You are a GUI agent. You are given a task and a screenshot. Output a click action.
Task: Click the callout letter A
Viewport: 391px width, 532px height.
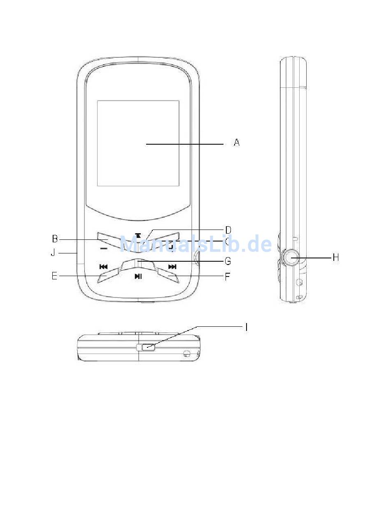pyautogui.click(x=237, y=143)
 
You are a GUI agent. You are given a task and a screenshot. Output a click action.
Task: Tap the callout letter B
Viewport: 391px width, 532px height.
pyautogui.click(x=55, y=239)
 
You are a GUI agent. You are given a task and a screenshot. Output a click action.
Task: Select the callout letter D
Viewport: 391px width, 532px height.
pyautogui.click(x=228, y=230)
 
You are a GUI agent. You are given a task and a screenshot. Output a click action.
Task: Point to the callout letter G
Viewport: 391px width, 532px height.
pyautogui.click(x=228, y=261)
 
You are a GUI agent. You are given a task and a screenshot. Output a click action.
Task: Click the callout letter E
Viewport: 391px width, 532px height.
pyautogui.click(x=55, y=276)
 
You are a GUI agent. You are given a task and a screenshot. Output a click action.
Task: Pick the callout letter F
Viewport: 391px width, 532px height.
pyautogui.click(x=227, y=277)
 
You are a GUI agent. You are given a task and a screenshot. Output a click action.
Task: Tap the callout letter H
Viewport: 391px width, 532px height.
pyautogui.click(x=335, y=258)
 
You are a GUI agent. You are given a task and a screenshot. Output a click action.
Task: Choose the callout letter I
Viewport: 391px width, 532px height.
pyautogui.click(x=247, y=327)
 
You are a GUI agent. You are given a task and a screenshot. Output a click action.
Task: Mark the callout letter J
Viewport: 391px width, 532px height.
pyautogui.click(x=53, y=253)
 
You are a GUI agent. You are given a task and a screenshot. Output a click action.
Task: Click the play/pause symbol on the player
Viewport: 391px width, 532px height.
pyautogui.click(x=138, y=276)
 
